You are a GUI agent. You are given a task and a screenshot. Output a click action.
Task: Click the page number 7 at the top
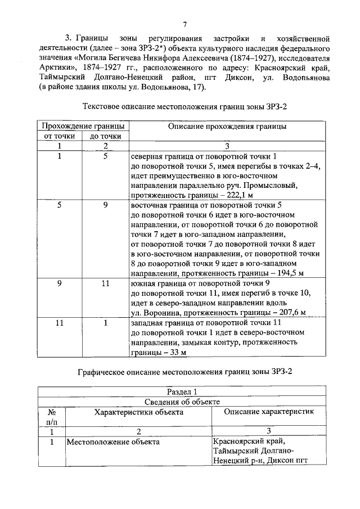click(x=184, y=24)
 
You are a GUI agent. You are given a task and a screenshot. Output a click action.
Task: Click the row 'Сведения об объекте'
click(x=183, y=402)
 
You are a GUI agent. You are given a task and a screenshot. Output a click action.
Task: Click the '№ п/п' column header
click(x=51, y=416)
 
